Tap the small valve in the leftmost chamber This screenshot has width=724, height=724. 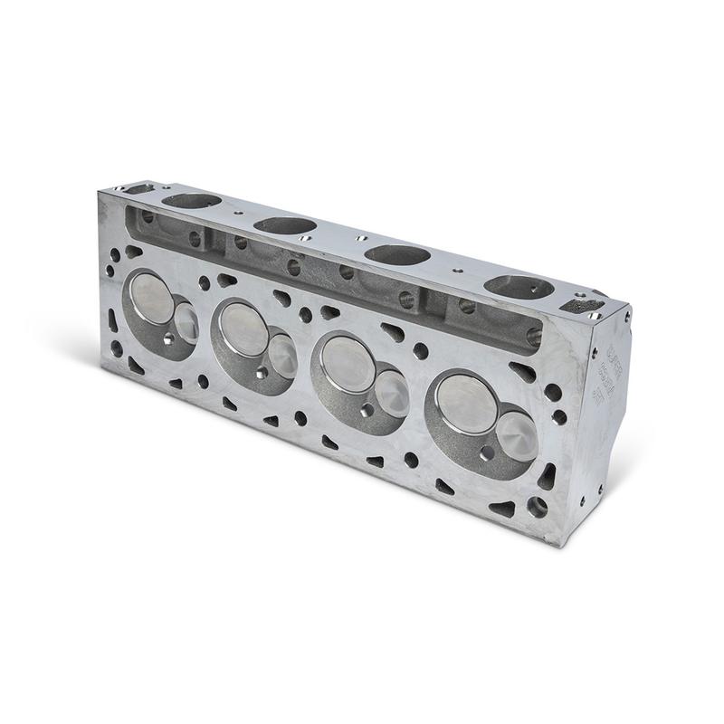186,320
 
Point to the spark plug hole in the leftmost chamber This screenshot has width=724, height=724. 169,340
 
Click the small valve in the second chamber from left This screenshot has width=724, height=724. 281,355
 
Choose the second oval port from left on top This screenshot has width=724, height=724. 284,224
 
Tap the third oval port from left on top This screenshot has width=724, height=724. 397,255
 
